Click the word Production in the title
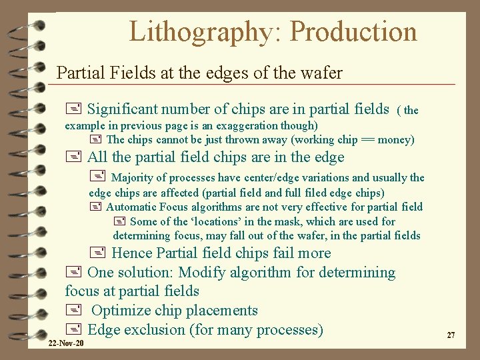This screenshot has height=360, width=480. click(354, 32)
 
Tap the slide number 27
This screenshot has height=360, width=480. click(451, 335)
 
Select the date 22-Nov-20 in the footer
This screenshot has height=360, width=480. click(66, 343)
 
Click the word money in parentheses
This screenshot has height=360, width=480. click(394, 139)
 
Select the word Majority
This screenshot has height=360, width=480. click(138, 177)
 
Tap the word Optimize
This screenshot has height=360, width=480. click(121, 310)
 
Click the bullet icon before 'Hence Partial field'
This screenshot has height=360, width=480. click(97, 253)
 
